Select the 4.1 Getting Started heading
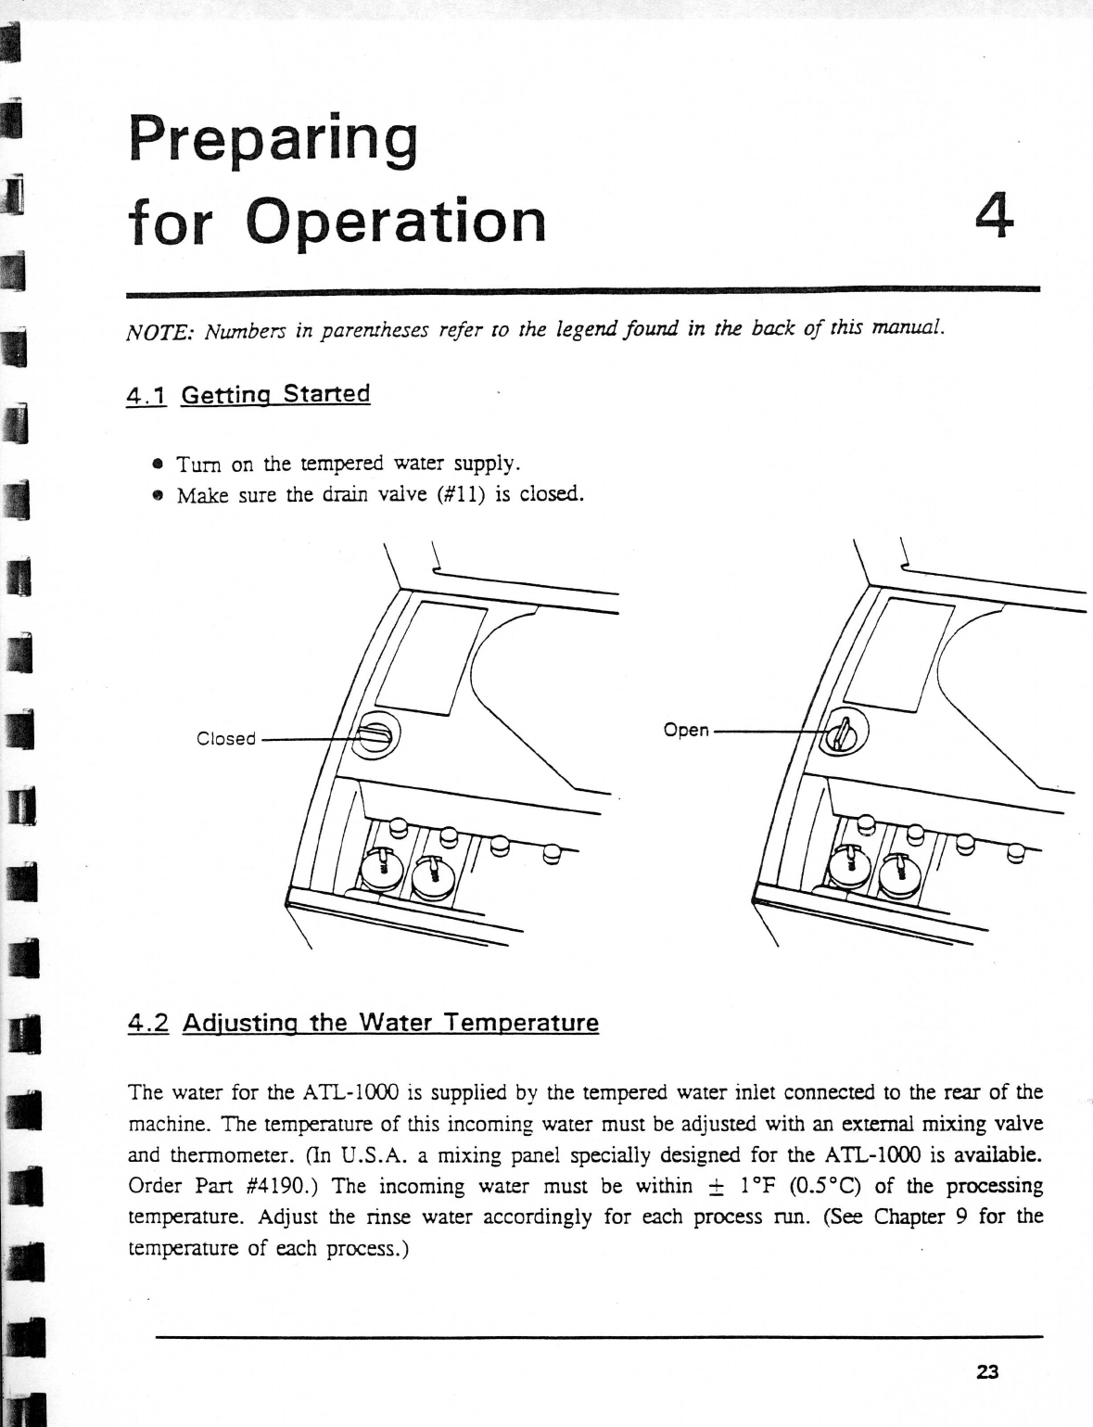(x=248, y=395)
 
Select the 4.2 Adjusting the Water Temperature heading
(x=363, y=1024)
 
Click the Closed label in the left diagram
(x=226, y=739)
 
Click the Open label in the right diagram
(x=686, y=731)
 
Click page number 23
(x=986, y=1372)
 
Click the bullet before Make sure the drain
(x=159, y=495)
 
